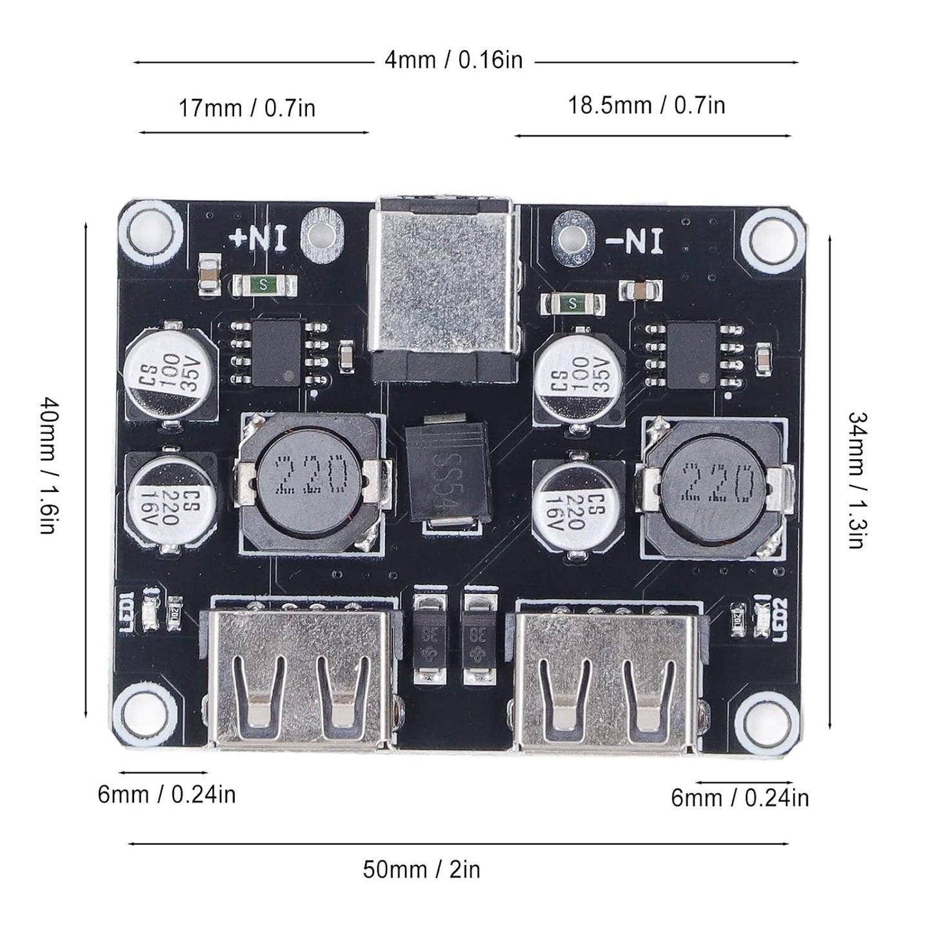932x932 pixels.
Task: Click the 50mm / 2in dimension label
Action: point(421,869)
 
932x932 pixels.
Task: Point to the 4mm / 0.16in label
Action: point(453,61)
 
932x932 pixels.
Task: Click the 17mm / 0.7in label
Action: point(247,108)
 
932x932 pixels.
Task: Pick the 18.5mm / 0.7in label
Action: point(646,104)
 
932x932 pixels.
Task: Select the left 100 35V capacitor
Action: point(171,369)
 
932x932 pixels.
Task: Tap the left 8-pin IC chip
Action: point(277,352)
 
